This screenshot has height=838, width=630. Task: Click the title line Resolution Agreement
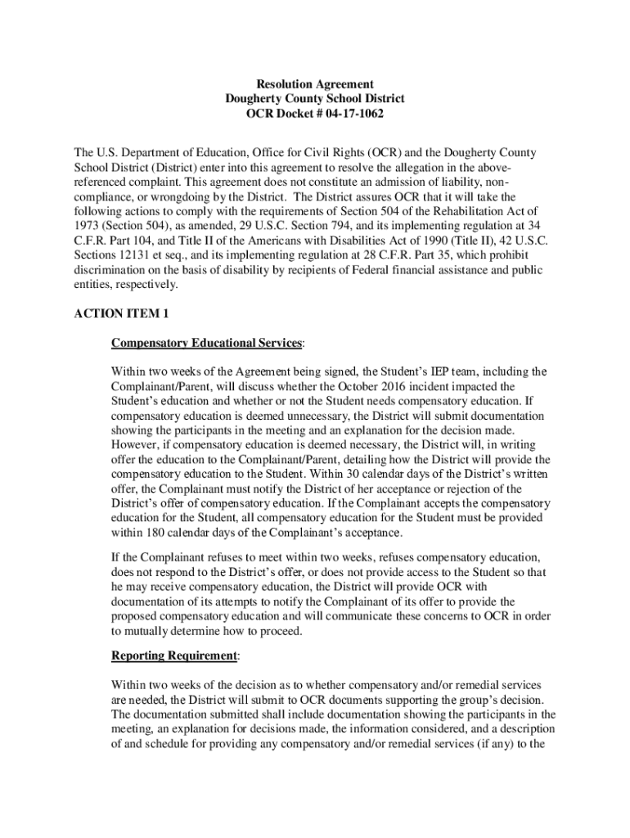tap(315, 84)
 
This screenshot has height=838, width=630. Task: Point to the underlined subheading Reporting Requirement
tap(174, 656)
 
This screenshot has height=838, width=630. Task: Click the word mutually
tap(155, 632)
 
